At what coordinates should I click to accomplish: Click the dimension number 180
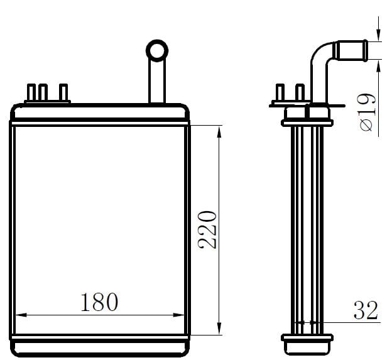[x=99, y=302]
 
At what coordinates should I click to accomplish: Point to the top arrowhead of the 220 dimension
[x=219, y=131]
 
